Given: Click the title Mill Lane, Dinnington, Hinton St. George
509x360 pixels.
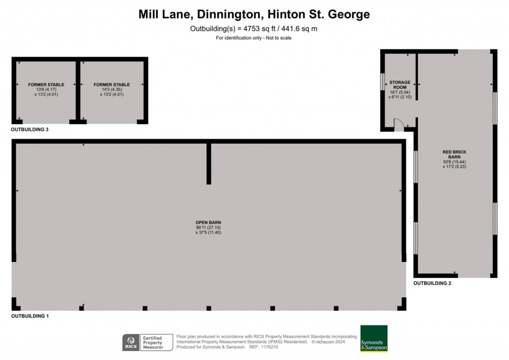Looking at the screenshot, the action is point(254,14).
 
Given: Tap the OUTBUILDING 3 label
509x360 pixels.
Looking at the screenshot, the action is point(29,129).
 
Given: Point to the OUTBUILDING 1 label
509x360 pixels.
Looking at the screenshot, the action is point(30,316).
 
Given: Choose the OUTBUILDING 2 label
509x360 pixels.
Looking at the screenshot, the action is point(432,283).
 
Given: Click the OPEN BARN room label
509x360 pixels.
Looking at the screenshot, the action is point(208,222).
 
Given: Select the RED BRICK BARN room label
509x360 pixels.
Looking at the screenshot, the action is point(454,154).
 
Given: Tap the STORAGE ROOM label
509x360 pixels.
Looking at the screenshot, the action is point(400,85).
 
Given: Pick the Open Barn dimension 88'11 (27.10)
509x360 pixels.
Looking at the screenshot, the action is point(208,228).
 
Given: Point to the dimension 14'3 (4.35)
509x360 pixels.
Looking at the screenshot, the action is point(112,90).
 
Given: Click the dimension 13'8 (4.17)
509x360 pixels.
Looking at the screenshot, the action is point(46,90).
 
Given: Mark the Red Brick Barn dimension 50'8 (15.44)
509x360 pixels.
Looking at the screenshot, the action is point(454,162).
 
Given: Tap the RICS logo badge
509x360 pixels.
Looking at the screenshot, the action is point(131,343).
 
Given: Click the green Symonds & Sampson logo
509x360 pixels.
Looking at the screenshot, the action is point(374,339).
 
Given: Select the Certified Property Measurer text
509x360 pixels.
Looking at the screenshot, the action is point(153,343).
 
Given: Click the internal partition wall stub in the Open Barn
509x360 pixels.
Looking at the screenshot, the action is point(209,164).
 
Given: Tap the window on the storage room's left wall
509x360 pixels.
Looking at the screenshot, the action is point(382,82).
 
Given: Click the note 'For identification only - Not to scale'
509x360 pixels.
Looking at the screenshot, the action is point(254,38).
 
